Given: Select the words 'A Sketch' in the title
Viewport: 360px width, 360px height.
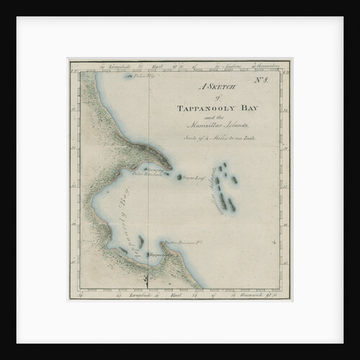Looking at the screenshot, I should pos(214,88).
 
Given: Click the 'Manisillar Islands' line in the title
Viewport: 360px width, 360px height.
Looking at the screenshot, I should pos(215,125).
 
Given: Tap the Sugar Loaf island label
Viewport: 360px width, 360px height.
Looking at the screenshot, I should pos(194,176).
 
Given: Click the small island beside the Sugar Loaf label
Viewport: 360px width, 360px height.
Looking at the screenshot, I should pos(178,175).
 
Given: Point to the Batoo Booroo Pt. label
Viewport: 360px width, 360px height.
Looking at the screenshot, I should pos(183,242).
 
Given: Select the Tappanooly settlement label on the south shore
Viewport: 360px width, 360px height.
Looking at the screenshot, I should pos(160,254).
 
